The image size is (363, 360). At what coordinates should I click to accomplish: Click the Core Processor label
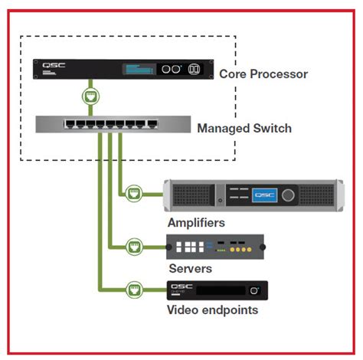point(263,74)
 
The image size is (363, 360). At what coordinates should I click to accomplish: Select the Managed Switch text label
point(244,129)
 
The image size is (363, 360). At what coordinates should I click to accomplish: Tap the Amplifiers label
point(197,222)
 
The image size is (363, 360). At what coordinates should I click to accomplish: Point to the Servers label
point(190,269)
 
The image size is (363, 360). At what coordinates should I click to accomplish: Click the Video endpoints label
point(212,310)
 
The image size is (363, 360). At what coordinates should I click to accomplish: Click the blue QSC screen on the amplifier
point(263,195)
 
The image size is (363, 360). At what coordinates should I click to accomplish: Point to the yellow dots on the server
point(240,250)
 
